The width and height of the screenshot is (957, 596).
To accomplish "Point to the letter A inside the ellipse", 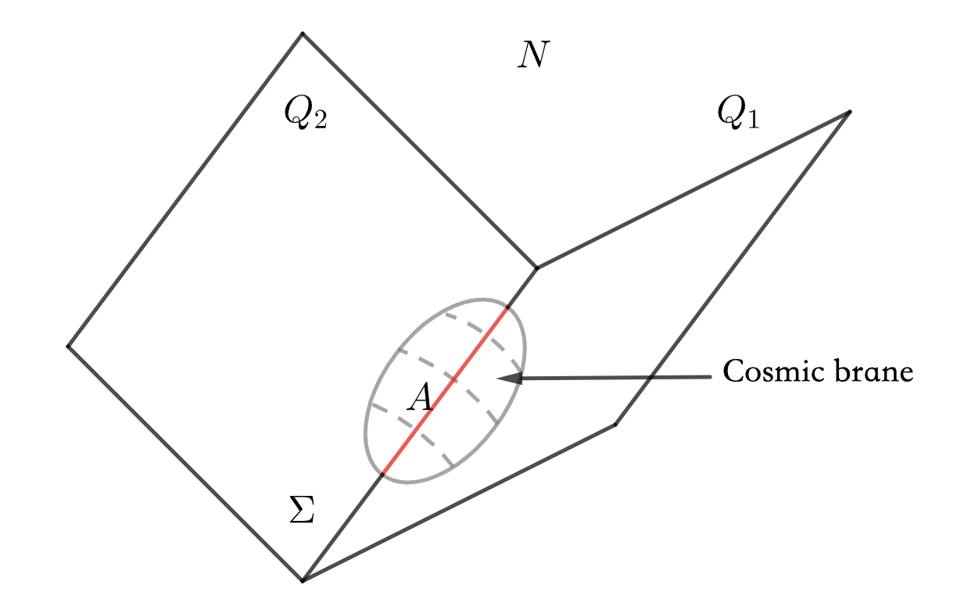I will pyautogui.click(x=420, y=398).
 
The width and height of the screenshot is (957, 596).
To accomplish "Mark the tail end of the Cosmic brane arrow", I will pyautogui.click(x=710, y=377).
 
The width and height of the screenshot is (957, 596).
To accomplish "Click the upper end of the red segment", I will pyautogui.click(x=507, y=309).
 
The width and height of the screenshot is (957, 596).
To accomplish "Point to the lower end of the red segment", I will pyautogui.click(x=382, y=474).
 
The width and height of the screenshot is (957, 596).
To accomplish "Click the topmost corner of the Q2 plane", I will pyautogui.click(x=303, y=33).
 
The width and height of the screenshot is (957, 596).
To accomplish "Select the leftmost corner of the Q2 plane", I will pyautogui.click(x=68, y=346).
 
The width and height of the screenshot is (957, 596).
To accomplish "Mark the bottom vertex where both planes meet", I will pyautogui.click(x=303, y=580).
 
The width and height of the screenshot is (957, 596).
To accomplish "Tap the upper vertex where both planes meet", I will pyautogui.click(x=537, y=268).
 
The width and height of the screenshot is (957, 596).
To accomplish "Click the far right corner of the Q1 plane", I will pyautogui.click(x=849, y=113).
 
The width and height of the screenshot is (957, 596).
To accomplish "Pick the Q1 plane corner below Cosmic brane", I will pyautogui.click(x=615, y=425).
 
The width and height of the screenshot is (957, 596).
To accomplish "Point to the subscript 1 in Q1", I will pyautogui.click(x=752, y=122).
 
